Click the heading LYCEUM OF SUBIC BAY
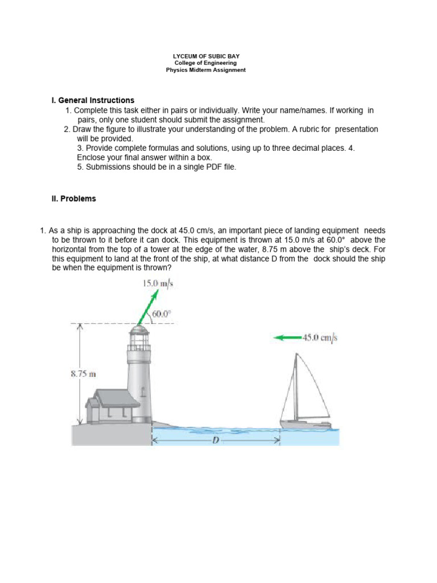[206, 56]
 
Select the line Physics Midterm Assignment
[206, 70]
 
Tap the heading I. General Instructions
[93, 101]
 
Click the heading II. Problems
[74, 199]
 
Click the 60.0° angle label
[161, 313]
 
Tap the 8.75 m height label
[83, 374]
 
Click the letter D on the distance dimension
[216, 440]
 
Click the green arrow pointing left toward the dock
[287, 338]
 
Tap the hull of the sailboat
[305, 424]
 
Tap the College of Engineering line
[206, 63]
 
